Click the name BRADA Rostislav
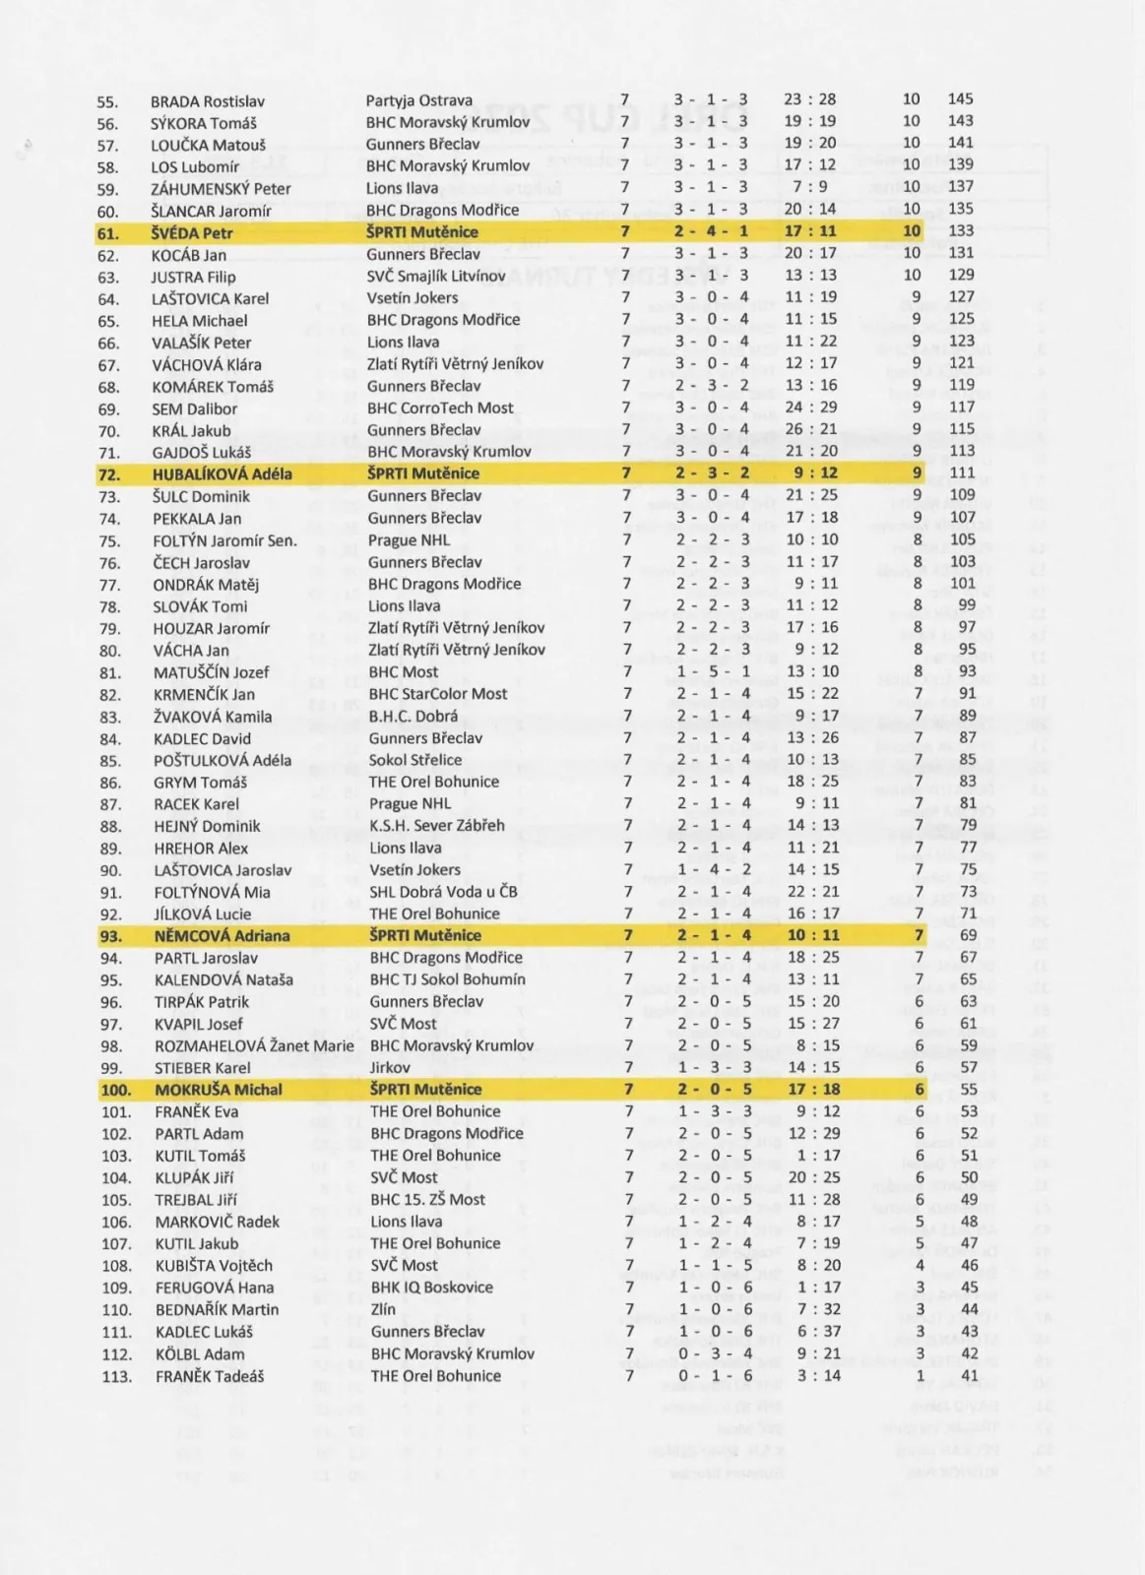[x=208, y=101]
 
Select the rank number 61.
[x=107, y=233]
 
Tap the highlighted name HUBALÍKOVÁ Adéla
[x=222, y=473]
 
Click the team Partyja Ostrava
[x=418, y=100]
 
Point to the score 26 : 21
[x=810, y=429]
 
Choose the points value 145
[x=960, y=99]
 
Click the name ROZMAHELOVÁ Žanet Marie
[x=253, y=1046]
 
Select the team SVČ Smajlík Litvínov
[x=435, y=276]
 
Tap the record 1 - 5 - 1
[x=713, y=671]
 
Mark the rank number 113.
[x=116, y=1376]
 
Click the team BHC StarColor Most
[x=438, y=694]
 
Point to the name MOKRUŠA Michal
[x=218, y=1090]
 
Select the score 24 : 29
[x=810, y=408]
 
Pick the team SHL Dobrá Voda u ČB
[x=443, y=892]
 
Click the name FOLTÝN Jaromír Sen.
[x=224, y=540]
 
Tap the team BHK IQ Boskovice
[x=432, y=1288]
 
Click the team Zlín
[x=383, y=1309]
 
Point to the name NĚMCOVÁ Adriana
[x=222, y=936]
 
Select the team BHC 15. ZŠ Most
[x=427, y=1200]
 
